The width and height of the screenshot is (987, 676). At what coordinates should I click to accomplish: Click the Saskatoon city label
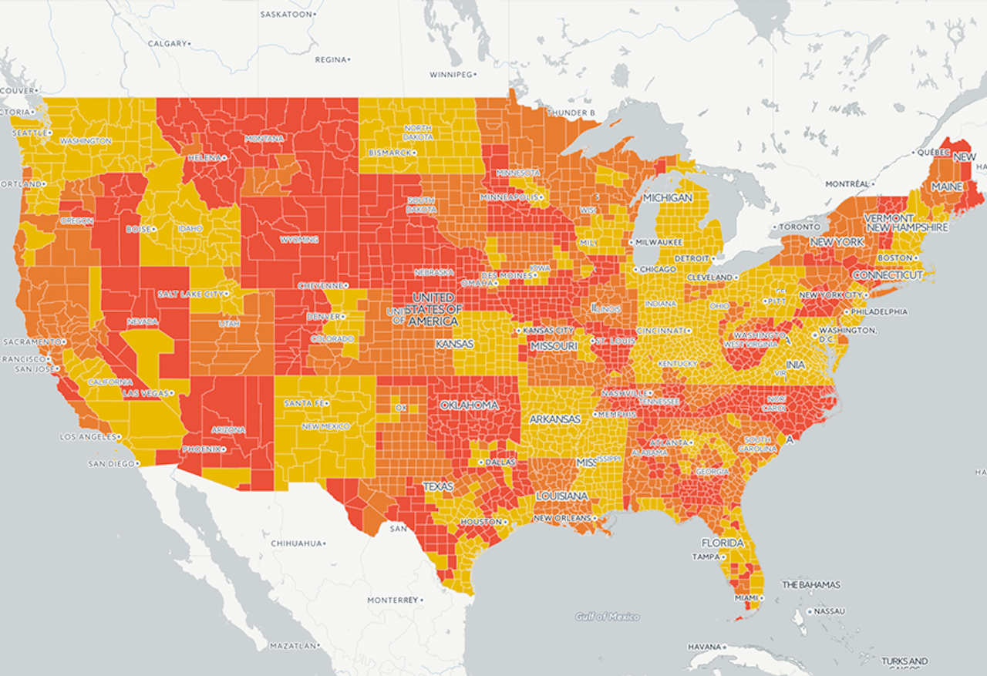tap(287, 15)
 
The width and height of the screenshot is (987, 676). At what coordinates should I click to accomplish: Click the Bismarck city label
tap(390, 153)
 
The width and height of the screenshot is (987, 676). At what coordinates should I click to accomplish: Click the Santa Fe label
tap(304, 403)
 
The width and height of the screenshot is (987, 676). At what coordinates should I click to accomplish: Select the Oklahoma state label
tap(470, 405)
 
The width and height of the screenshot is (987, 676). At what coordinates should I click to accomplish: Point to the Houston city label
tap(479, 522)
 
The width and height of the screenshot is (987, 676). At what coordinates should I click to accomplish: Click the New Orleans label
tap(562, 518)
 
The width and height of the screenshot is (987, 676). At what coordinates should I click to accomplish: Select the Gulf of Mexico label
tap(607, 617)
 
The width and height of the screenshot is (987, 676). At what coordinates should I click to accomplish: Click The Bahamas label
tap(811, 585)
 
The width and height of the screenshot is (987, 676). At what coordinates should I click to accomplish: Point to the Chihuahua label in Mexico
tap(296, 543)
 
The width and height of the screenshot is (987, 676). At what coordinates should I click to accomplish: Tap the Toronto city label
tap(798, 227)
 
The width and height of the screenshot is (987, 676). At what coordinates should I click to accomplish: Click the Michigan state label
tap(667, 198)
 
